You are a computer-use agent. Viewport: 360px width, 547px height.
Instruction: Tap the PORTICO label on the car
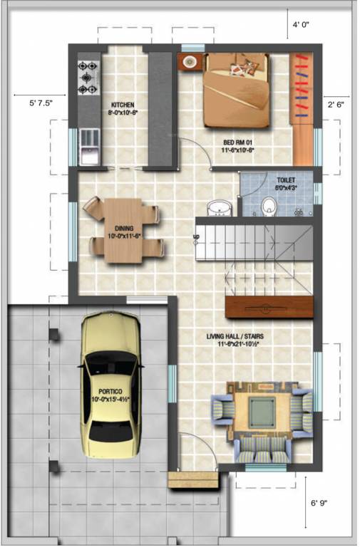point(110,392)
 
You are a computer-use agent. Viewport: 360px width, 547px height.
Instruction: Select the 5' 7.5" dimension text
point(40,103)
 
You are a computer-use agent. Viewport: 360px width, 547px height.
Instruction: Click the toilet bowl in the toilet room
point(269,207)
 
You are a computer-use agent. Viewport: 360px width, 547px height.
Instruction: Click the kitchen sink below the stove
point(89,151)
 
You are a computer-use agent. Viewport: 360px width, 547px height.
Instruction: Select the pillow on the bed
point(248,68)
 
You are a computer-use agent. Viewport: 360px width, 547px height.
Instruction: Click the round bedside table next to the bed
point(190,62)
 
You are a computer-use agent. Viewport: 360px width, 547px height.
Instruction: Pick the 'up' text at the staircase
point(197,236)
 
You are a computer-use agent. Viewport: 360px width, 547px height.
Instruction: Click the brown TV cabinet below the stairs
point(269,308)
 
